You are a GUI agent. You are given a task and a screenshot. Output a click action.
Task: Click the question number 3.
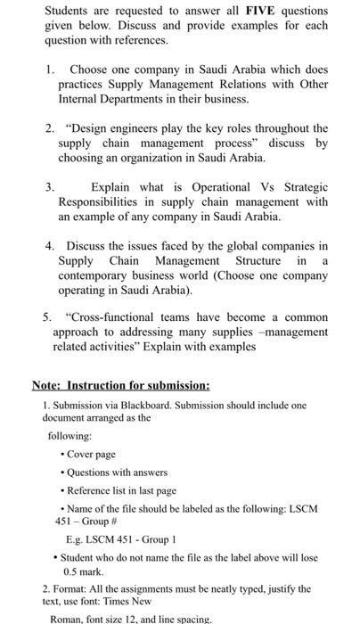[x=49, y=187]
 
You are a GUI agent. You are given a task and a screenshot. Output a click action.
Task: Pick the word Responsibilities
[x=101, y=201]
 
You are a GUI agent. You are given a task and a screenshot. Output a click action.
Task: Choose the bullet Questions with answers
[x=110, y=472]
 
